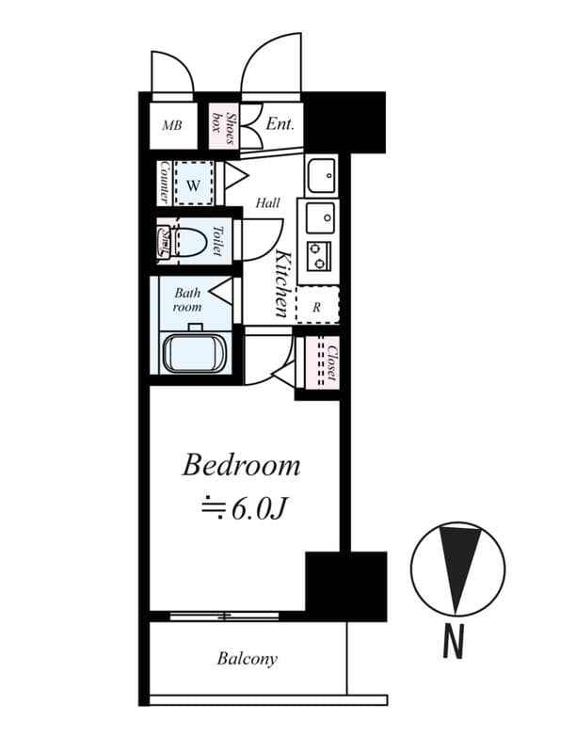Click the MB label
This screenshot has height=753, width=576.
coord(171,125)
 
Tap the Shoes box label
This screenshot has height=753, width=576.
coord(224,125)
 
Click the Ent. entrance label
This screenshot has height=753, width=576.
coord(280,123)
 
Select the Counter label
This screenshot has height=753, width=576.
coord(165,182)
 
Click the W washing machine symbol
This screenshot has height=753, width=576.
coord(193,184)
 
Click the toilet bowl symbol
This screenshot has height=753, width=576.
coord(189,242)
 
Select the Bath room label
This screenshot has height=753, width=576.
coord(186,299)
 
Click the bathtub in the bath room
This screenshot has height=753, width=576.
coord(194,353)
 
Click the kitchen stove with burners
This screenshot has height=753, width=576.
coord(318,255)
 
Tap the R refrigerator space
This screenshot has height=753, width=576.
coord(317,306)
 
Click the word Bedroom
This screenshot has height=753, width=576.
coord(242,465)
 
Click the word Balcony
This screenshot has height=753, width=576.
coord(247,659)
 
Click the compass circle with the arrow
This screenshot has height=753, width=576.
coord(457,569)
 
